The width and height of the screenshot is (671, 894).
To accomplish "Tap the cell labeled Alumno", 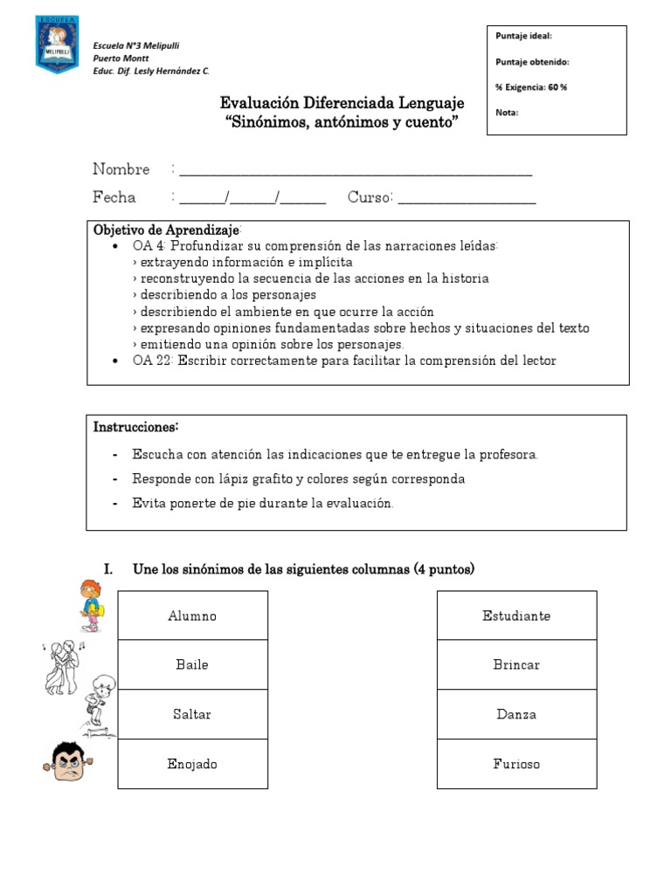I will (192, 615).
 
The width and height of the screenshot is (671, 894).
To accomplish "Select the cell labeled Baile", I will (192, 664).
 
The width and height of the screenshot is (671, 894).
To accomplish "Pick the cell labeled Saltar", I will (192, 714).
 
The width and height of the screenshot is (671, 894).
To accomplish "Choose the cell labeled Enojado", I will (192, 764).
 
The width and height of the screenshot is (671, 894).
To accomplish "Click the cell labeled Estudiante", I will (516, 615).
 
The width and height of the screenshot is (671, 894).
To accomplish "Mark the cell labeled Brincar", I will (516, 664).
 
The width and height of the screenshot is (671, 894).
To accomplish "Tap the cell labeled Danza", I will (516, 714).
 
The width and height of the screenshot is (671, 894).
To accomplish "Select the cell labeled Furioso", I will (516, 764).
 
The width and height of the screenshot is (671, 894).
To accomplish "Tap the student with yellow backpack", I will (89, 604).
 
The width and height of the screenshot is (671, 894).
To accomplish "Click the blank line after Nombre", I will (355, 172).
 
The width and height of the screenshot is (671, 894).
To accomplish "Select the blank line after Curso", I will (467, 200).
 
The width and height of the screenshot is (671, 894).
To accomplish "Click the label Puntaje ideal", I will (523, 36).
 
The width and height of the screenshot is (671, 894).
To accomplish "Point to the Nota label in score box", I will (507, 112).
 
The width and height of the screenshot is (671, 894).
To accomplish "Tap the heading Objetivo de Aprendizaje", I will (166, 230).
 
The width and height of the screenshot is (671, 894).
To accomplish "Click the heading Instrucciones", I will (135, 427).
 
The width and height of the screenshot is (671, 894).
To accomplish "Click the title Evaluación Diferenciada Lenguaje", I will (342, 104).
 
